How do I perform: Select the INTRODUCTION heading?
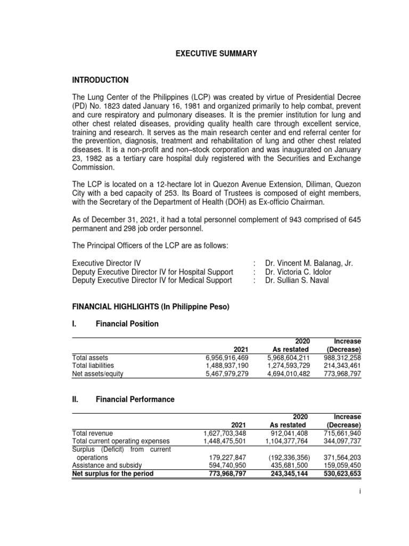click(x=100, y=80)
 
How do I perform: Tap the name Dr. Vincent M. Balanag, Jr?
click(x=309, y=263)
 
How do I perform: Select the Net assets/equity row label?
click(x=97, y=374)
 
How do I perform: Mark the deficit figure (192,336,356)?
click(x=284, y=457)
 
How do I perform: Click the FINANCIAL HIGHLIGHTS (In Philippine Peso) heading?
click(x=150, y=307)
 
